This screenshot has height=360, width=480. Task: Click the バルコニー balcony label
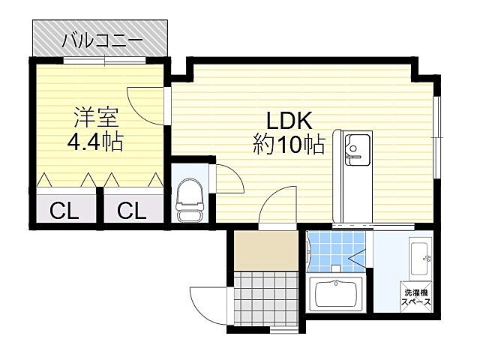pos(102,41)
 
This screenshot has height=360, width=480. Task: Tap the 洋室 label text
pos(96,118)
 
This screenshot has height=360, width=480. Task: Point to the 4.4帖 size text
pos(95,141)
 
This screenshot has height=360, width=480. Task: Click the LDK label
pos(289,121)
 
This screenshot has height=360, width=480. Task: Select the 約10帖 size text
pos(289,144)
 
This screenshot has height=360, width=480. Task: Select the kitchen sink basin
pos(357,150)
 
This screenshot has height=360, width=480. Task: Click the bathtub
pos(336,294)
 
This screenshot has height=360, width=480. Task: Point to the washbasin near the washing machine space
pos(419,259)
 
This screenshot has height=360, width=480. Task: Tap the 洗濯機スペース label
pos(416,297)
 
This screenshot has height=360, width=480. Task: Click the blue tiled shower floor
pos(336,252)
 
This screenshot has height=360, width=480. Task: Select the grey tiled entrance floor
pos(265,296)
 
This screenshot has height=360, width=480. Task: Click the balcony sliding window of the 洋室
pos(105,60)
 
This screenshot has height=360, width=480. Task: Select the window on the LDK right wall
pos(436,137)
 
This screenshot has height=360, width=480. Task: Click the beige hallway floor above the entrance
pos(265,250)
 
